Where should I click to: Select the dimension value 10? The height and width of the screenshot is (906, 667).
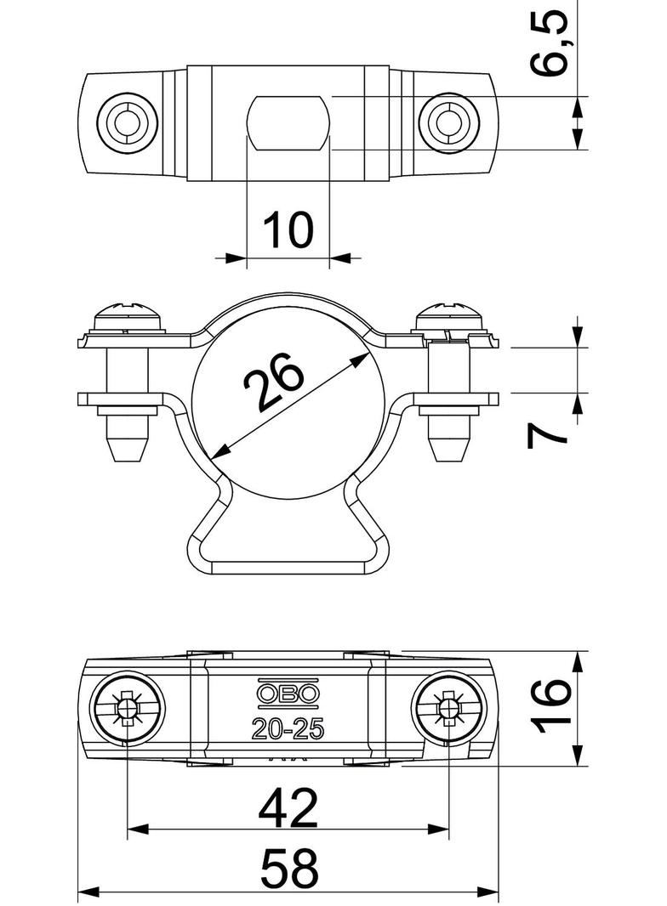(x=288, y=229)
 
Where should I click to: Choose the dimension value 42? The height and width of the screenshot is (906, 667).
(x=288, y=808)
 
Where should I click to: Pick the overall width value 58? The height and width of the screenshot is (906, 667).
(x=289, y=868)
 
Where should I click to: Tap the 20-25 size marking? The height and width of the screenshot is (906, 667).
(x=288, y=728)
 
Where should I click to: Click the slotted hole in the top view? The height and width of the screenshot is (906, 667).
(x=288, y=123)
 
